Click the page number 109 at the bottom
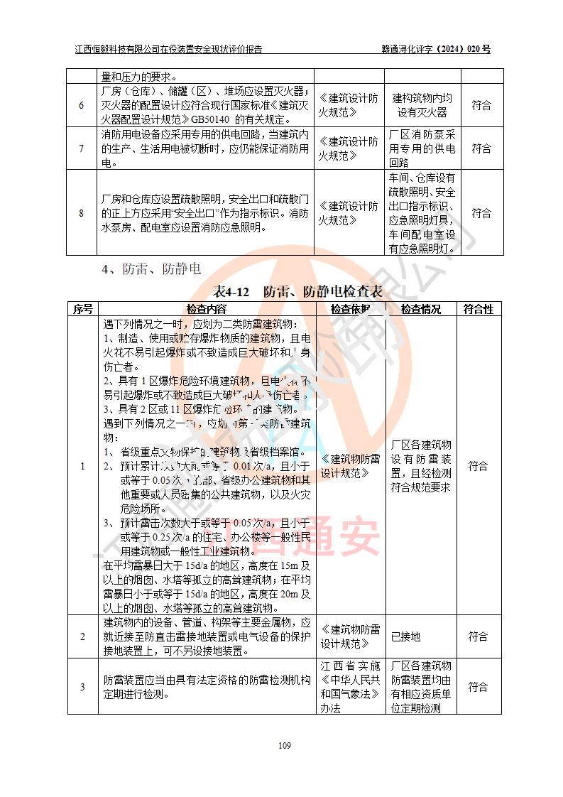(285, 745)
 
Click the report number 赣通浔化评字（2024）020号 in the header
(436, 50)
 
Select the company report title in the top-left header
(168, 50)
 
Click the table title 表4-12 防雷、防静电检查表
(298, 291)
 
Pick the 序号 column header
(82, 309)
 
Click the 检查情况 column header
(421, 309)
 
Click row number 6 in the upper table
(82, 106)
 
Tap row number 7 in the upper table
(82, 148)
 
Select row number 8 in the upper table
(82, 213)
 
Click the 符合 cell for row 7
(481, 148)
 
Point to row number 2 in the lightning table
(82, 637)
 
